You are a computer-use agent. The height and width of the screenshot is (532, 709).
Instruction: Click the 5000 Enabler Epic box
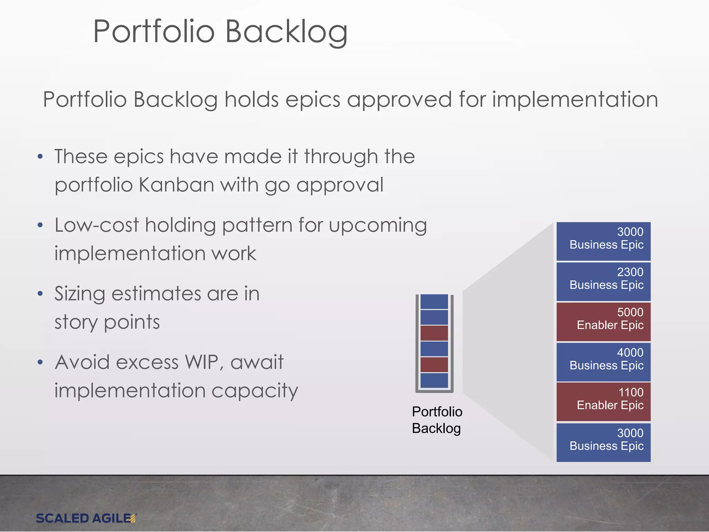tap(603, 322)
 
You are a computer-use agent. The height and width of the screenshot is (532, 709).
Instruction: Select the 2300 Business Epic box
tap(603, 282)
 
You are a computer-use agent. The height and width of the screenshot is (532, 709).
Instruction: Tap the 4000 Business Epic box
tap(603, 362)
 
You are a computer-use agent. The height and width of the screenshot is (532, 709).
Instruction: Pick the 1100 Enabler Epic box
tap(603, 402)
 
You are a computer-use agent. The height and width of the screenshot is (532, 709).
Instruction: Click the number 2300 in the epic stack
tap(630, 272)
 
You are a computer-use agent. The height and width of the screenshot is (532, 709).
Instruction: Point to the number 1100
tap(630, 392)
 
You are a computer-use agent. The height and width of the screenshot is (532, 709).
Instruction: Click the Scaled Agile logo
tap(86, 518)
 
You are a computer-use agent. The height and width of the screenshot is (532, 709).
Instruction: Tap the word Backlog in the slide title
tap(286, 32)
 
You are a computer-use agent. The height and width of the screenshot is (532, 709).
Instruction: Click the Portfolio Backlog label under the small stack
tap(437, 420)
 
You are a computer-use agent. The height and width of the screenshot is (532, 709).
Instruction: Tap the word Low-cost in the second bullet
tap(97, 225)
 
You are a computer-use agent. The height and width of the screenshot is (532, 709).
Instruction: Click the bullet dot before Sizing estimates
tap(40, 294)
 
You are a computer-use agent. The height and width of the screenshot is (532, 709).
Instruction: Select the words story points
tap(107, 322)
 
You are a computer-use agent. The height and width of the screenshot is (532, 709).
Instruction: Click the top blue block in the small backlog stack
tap(434, 302)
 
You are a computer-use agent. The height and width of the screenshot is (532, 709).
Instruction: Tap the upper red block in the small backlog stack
tap(434, 333)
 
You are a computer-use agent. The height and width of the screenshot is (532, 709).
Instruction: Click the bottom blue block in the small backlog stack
tap(434, 380)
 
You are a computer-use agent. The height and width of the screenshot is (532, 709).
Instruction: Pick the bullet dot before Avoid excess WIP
tap(40, 362)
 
